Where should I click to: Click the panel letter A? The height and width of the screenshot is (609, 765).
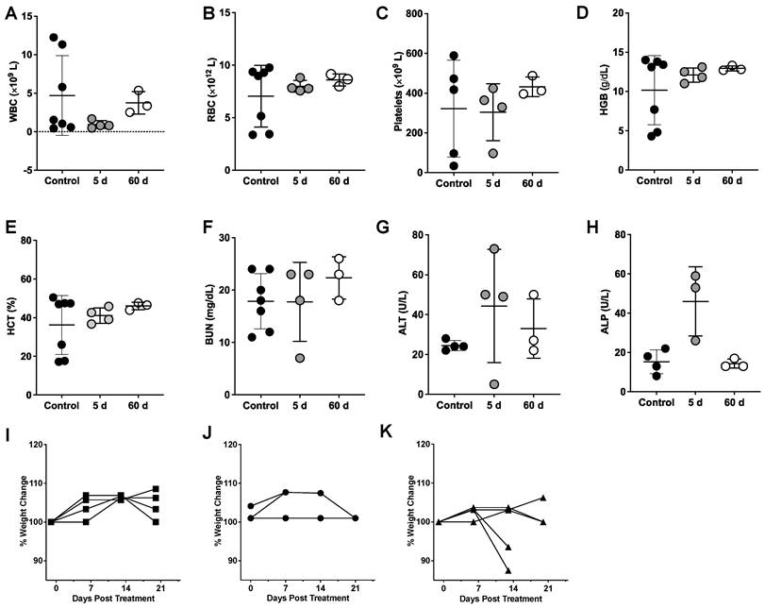pos(11,15)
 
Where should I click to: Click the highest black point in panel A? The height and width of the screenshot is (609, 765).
pos(55,38)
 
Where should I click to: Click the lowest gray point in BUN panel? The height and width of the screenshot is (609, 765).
pos(300,358)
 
